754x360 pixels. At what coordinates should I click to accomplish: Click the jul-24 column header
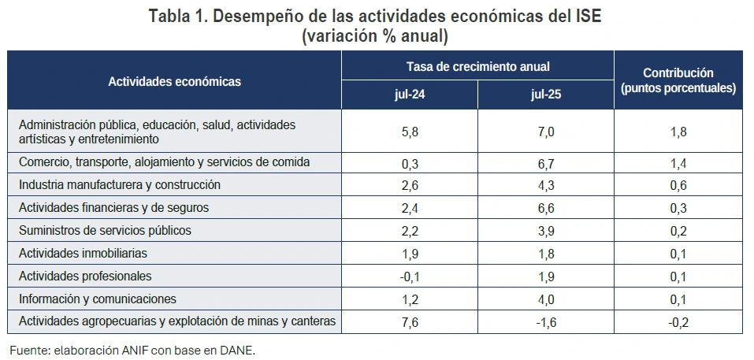tap(410, 95)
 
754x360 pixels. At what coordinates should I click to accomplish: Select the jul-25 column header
tap(546, 95)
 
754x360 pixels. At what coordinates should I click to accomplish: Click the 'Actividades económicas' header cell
tap(175, 80)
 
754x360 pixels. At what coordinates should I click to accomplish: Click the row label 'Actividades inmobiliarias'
tap(83, 254)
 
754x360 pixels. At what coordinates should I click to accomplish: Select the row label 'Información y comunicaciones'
tap(97, 299)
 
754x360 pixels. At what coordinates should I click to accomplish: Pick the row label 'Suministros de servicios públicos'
tap(105, 231)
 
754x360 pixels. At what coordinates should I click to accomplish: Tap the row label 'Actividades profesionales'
tap(85, 276)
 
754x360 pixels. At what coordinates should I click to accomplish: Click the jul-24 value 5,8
tap(410, 132)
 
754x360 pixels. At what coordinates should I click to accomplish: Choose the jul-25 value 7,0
tap(546, 132)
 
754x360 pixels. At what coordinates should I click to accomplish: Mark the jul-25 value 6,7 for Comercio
tap(546, 163)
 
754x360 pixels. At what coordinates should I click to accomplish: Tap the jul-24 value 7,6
tap(410, 321)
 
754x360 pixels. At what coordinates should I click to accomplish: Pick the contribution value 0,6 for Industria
tap(678, 185)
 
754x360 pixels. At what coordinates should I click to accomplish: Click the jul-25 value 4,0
tap(546, 299)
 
